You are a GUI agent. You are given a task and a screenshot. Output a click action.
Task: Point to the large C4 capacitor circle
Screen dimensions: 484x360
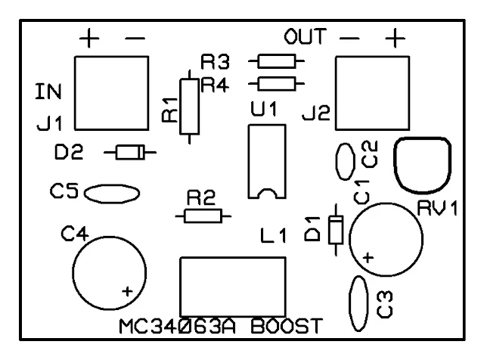[x=110, y=268]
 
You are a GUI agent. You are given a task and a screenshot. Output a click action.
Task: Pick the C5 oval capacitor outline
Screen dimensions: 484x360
[x=111, y=194]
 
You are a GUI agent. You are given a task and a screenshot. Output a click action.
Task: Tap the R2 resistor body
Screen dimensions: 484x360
[x=203, y=216]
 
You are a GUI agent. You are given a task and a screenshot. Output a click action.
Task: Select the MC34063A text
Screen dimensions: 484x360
[x=181, y=328]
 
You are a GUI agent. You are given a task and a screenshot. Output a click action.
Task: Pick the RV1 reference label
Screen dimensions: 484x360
[x=438, y=209]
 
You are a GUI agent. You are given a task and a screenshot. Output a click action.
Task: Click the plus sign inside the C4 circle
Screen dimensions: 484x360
[x=128, y=290]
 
